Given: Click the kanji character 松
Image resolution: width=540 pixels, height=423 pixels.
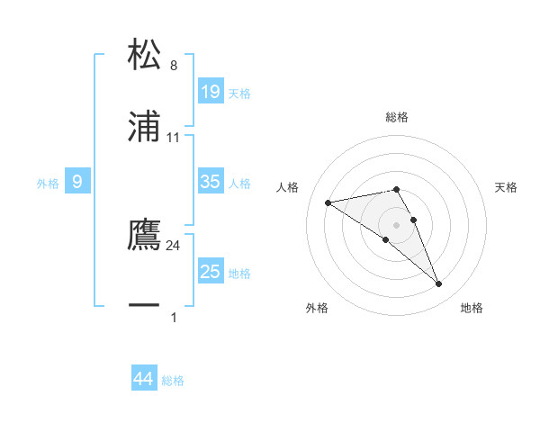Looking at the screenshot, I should coord(145,55).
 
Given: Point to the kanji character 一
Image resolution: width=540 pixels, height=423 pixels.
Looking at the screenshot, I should coord(145,307).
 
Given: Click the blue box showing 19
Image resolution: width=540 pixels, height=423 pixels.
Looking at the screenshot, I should coord(211,91).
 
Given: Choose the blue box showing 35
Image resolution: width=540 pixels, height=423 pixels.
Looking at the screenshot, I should coord(211,182).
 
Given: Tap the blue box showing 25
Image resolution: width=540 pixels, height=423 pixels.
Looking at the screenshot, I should coord(211,272).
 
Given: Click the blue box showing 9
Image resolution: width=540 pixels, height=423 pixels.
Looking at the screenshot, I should coord(77,182).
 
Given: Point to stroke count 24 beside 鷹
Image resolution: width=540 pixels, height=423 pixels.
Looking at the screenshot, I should coord(174,245).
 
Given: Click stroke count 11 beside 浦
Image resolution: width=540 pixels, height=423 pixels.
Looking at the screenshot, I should coord(174,138).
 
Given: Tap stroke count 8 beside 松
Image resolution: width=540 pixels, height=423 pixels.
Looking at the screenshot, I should coord(174,66).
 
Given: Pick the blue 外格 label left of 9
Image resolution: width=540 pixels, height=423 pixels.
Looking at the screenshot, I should coord(48,183).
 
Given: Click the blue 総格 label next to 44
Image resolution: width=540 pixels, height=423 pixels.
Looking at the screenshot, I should coord(173,381).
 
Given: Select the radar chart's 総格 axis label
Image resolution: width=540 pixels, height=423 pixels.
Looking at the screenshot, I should coord(397,117).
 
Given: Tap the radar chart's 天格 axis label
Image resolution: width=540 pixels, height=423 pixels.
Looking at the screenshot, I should coord(507,187).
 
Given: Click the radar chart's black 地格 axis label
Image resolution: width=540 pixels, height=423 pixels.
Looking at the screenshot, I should coord(472,308).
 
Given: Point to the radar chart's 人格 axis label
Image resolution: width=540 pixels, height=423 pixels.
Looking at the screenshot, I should coord(287,187).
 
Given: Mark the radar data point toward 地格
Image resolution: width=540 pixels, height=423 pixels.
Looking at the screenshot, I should coord(439,284).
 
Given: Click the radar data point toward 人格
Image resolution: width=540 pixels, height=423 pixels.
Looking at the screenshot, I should coord(328,202).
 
